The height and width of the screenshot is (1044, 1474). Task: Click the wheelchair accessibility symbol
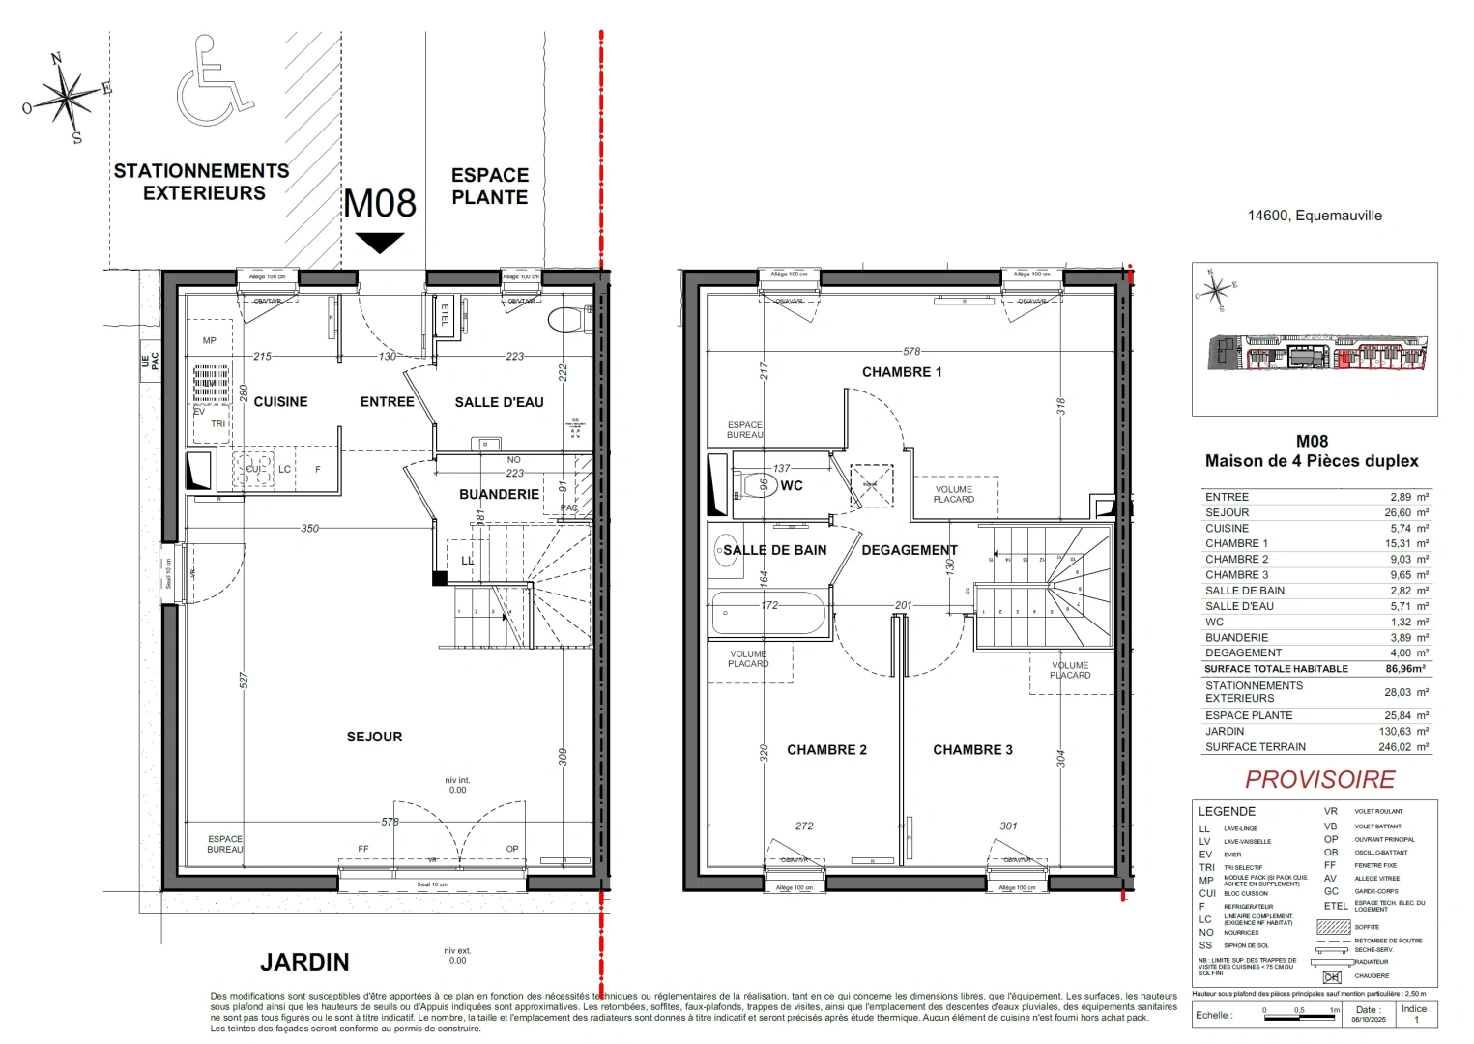tap(214, 83)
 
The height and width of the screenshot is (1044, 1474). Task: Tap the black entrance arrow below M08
tap(379, 243)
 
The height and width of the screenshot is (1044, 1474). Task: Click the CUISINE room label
tap(280, 402)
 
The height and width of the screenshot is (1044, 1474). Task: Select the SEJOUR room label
tap(374, 737)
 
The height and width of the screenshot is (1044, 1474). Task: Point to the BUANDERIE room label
tap(499, 494)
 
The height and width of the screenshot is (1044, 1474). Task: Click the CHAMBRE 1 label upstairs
tap(901, 372)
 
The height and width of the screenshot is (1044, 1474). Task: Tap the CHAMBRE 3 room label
tap(972, 750)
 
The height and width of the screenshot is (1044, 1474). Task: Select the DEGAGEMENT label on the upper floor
tap(909, 550)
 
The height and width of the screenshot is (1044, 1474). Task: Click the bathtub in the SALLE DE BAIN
tap(769, 615)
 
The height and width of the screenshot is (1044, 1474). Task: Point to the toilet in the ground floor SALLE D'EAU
tap(567, 318)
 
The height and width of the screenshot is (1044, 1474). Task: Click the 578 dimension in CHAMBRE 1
tap(910, 352)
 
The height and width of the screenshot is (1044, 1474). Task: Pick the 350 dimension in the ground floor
tap(309, 529)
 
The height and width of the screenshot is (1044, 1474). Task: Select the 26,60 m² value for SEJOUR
tap(1406, 512)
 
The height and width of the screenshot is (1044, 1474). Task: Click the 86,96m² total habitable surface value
tap(1404, 668)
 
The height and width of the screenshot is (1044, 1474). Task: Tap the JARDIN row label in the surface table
tap(1224, 731)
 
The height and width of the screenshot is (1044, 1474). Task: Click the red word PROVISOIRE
tap(1319, 779)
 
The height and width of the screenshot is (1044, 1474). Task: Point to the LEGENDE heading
tap(1227, 811)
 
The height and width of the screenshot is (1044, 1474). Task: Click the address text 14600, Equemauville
tap(1314, 216)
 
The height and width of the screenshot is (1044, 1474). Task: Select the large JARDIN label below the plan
tap(304, 962)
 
